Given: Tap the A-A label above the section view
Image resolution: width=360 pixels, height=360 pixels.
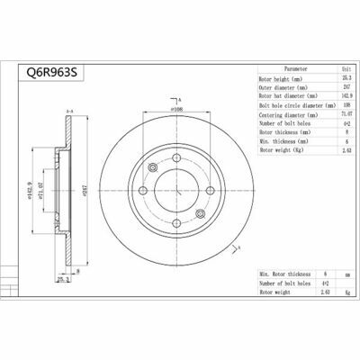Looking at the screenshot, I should coord(68,111).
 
